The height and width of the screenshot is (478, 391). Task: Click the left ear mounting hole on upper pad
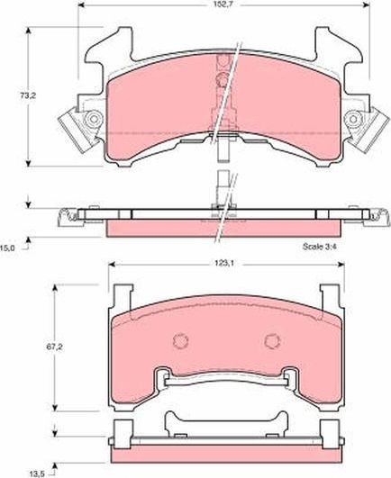coord(89,122)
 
